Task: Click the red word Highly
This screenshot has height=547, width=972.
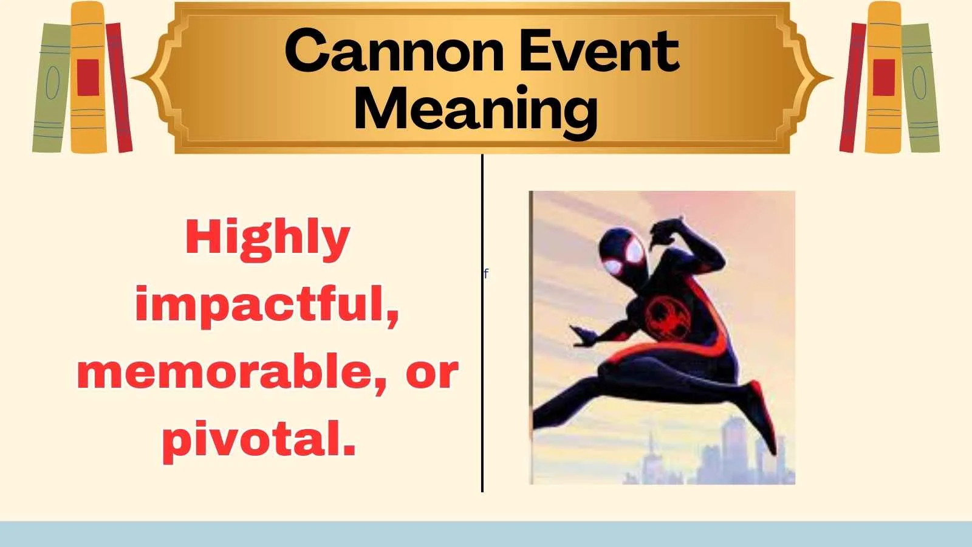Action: coord(268,238)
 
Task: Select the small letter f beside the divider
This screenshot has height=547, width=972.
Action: coord(486,273)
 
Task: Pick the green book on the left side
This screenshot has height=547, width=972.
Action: coord(51,88)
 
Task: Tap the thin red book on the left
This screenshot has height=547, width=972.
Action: coord(119,88)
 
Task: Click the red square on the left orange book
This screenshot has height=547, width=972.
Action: coord(88,77)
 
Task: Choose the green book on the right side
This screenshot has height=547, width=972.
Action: coord(920,88)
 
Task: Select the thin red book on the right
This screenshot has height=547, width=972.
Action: coord(852,88)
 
